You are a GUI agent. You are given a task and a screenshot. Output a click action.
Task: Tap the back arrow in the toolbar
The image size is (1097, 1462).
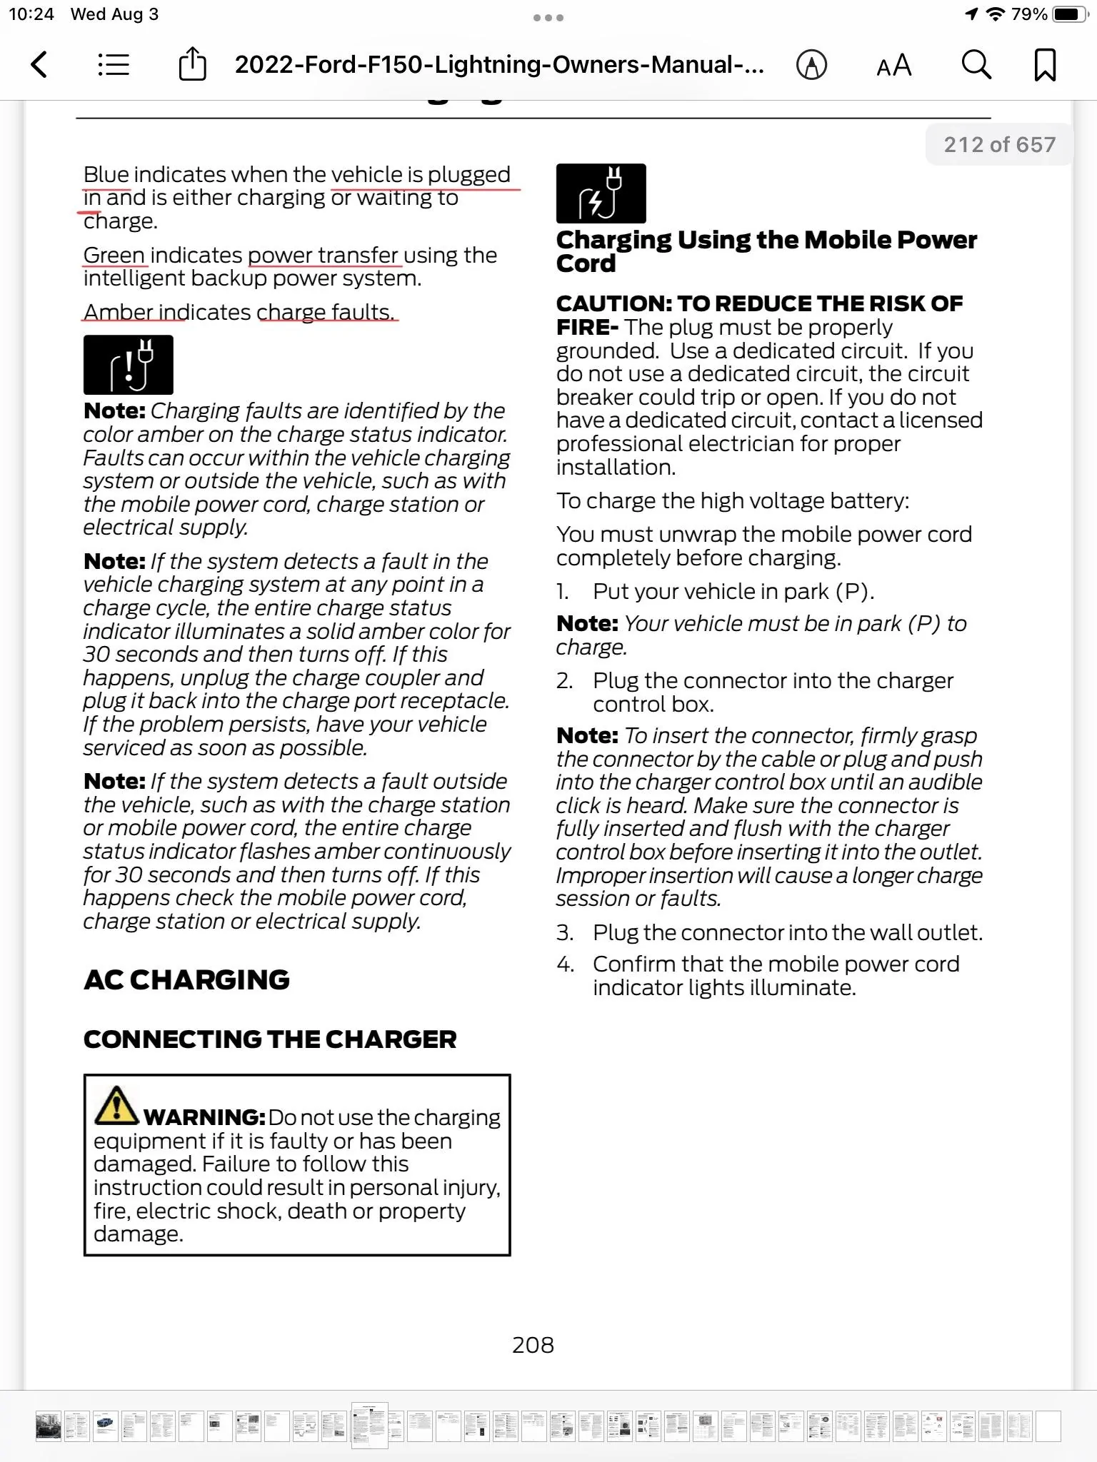(40, 65)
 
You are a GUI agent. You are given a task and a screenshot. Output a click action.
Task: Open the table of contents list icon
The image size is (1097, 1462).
(114, 65)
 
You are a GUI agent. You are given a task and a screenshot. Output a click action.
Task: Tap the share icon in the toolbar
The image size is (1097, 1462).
(192, 64)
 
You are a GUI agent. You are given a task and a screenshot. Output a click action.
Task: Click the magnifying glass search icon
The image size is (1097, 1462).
(976, 65)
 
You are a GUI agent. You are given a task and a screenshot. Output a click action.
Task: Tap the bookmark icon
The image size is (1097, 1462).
(1045, 65)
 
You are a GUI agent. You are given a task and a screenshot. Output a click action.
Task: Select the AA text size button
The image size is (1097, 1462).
(893, 66)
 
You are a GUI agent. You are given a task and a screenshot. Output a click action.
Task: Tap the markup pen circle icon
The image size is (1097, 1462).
(811, 65)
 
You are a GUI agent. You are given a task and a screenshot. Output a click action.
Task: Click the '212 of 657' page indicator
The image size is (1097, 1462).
(999, 145)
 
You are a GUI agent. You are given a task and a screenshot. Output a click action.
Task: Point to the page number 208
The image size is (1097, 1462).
(533, 1345)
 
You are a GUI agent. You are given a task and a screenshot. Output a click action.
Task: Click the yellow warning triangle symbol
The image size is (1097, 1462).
(116, 1105)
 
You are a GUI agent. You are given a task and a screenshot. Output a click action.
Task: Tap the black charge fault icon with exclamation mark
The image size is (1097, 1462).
(129, 365)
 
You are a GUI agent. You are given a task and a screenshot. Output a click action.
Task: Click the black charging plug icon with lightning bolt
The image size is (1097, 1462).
(601, 193)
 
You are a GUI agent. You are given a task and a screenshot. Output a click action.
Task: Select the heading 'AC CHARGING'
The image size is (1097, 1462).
(186, 980)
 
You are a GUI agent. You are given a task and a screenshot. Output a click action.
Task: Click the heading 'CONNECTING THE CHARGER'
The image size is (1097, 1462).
(270, 1039)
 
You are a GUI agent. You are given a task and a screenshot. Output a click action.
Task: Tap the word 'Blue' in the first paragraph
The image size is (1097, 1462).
(106, 175)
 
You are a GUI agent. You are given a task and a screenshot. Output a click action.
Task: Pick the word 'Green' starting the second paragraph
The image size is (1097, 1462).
(114, 255)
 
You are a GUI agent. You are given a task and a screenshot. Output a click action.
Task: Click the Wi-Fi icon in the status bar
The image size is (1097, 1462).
(995, 14)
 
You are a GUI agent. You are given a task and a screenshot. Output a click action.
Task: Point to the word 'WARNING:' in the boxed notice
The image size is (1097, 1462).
(205, 1117)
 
